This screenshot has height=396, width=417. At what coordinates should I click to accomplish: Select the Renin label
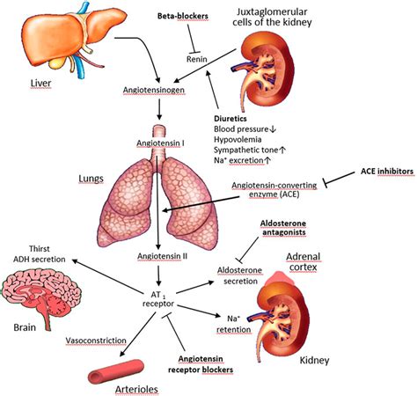click(x=196, y=60)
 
